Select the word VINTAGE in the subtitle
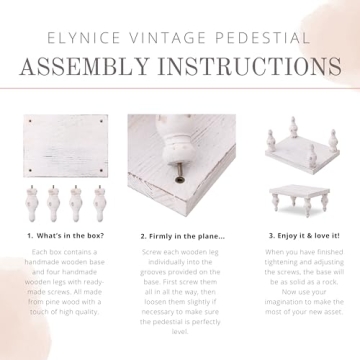pos(172,37)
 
